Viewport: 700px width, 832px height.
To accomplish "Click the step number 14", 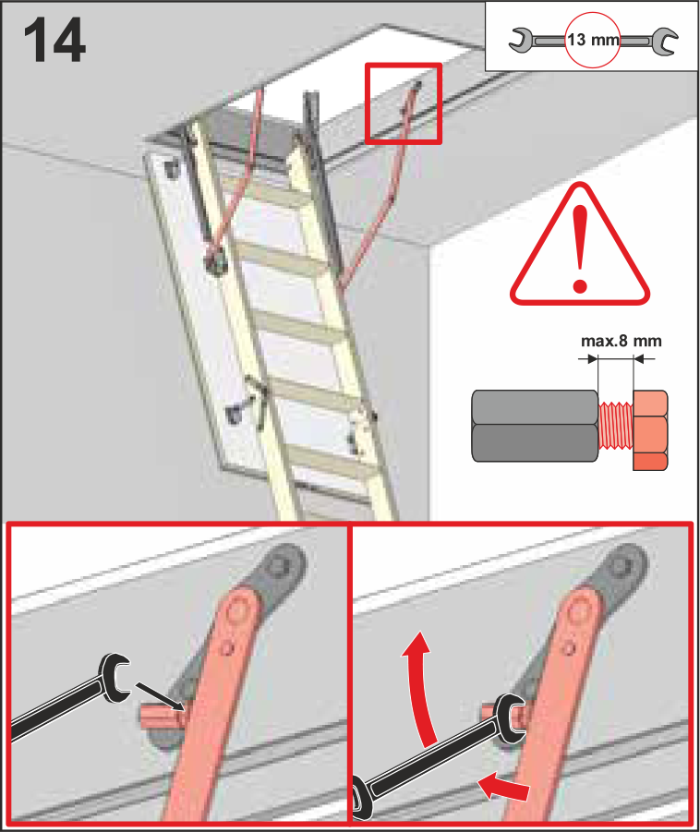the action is click(54, 40).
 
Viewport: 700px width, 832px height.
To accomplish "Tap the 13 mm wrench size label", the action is click(593, 40).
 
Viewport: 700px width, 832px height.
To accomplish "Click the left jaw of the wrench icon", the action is click(521, 41).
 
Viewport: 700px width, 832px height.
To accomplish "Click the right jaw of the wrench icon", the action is click(664, 42).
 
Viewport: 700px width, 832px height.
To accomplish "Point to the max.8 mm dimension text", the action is click(621, 341).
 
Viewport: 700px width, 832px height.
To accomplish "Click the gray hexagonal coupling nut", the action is click(535, 426).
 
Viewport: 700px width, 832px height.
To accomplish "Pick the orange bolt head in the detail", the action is click(651, 429).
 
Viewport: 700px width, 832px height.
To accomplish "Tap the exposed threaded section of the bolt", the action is click(616, 426).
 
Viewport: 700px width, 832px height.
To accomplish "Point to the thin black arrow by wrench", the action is click(161, 696).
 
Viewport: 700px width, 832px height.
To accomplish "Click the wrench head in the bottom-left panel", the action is click(114, 677).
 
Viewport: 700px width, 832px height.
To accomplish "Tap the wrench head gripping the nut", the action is click(509, 719).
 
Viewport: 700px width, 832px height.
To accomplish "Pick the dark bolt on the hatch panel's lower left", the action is click(234, 414).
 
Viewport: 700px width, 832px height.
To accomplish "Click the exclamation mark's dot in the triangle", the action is click(580, 286).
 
